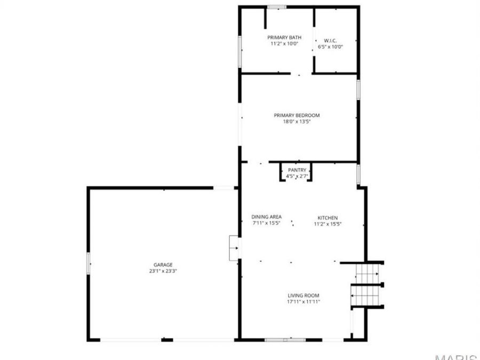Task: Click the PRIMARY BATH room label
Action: (284, 37)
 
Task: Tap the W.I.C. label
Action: (330, 41)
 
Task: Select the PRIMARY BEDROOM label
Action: (297, 115)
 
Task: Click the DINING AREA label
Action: (266, 217)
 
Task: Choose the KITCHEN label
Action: (327, 218)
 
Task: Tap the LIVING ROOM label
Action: (303, 295)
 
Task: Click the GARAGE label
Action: (163, 265)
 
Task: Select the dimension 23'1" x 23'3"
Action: (163, 271)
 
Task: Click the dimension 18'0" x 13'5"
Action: (297, 122)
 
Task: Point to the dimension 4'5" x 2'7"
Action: (297, 176)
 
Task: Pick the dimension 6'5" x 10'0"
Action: (330, 47)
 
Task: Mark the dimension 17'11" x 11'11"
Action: (303, 302)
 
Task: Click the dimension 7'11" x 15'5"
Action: (266, 223)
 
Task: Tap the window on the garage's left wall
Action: (89, 263)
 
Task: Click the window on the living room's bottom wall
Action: (285, 339)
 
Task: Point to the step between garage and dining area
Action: (234, 248)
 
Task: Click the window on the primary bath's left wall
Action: (240, 52)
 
